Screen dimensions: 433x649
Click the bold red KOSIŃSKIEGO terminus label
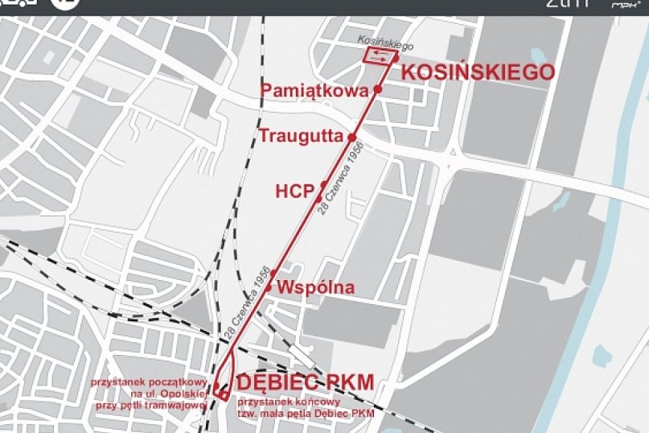pos(478,72)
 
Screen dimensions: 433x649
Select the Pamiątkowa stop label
pos(314,90)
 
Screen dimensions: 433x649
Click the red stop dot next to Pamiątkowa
pos(377,89)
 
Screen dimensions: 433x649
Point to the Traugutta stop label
pos(301,136)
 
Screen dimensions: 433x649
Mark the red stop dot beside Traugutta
pos(351,138)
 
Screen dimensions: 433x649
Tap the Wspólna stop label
pos(315,287)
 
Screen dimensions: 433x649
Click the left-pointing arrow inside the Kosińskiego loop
pos(379,58)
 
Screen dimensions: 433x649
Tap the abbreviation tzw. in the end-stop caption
pos(246,414)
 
